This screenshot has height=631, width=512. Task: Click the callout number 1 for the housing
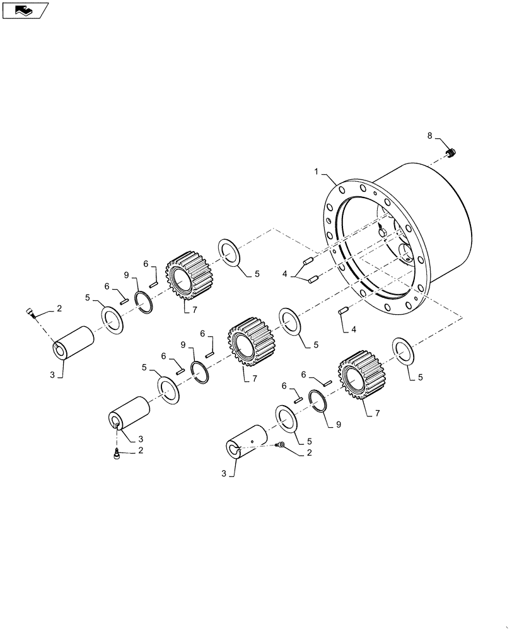tap(317, 171)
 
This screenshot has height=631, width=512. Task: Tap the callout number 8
tap(430, 136)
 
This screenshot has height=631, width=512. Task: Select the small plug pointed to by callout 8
tap(452, 152)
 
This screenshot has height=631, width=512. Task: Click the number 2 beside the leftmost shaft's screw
tap(59, 308)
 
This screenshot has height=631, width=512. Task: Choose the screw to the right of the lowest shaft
tap(282, 445)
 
